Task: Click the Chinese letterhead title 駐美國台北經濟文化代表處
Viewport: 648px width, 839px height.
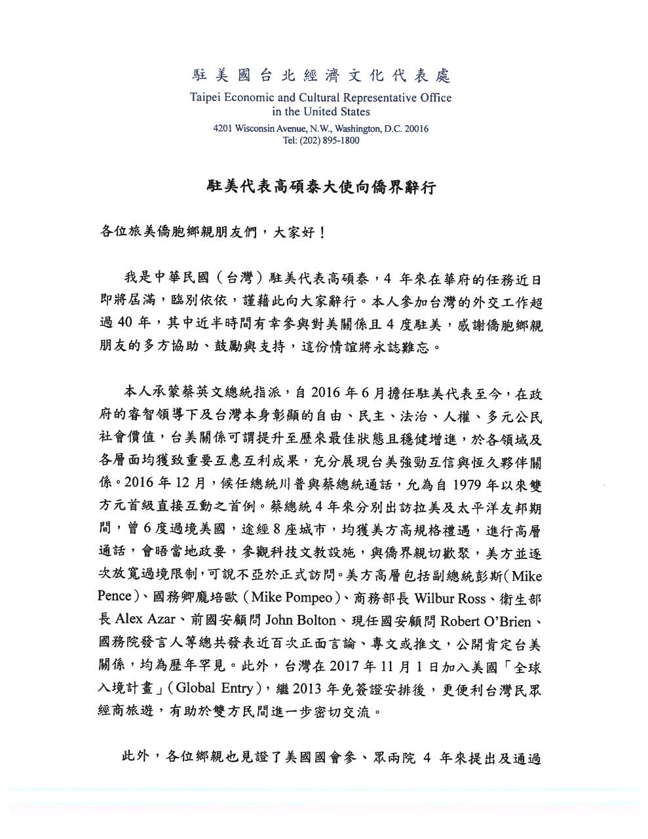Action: coord(321,76)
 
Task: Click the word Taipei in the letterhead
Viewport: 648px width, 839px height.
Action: coord(206,98)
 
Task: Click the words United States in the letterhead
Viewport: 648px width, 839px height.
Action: coord(339,111)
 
